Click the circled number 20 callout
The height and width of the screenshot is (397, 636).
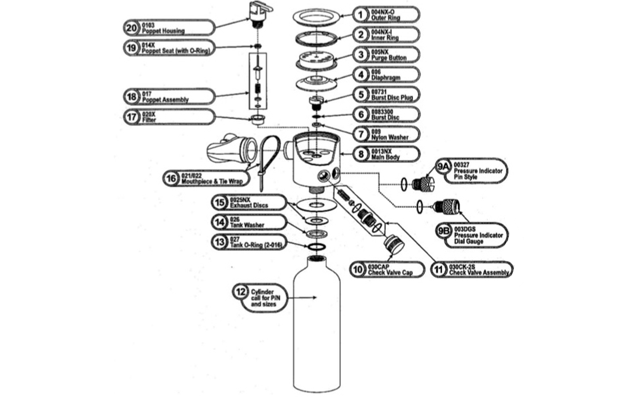(132, 28)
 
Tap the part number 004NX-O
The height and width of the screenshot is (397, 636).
(382, 12)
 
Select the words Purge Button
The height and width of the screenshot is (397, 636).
(389, 58)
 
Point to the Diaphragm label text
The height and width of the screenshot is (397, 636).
(386, 78)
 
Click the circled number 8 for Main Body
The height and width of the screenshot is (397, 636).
(361, 154)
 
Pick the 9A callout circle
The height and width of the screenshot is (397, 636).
(443, 167)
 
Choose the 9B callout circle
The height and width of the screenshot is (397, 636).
(444, 231)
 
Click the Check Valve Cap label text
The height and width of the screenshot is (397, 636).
(390, 273)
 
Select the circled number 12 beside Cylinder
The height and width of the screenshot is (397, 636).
(241, 292)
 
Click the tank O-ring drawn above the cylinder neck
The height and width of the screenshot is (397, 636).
(317, 247)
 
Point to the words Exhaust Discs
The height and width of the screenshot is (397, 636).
(249, 205)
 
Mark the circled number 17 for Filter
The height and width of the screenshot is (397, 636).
(132, 117)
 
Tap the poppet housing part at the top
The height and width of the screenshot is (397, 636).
(259, 14)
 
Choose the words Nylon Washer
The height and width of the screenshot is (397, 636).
(390, 138)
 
